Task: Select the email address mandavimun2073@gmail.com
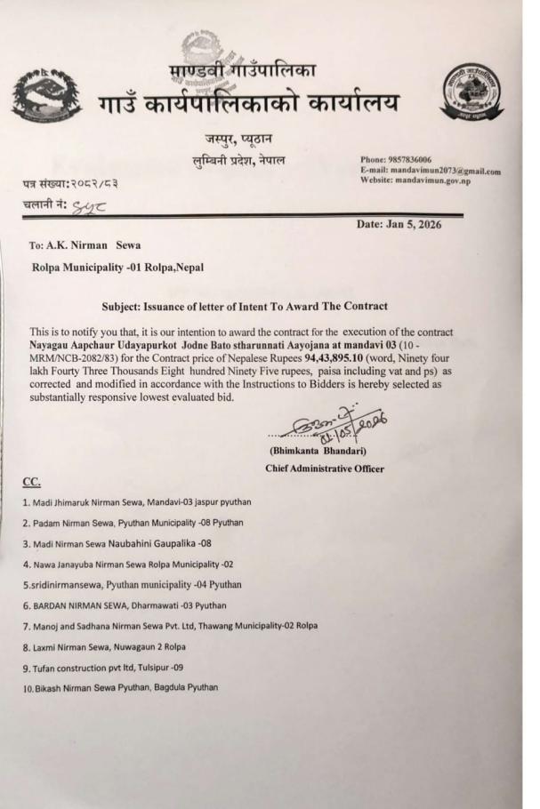pyautogui.click(x=445, y=172)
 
